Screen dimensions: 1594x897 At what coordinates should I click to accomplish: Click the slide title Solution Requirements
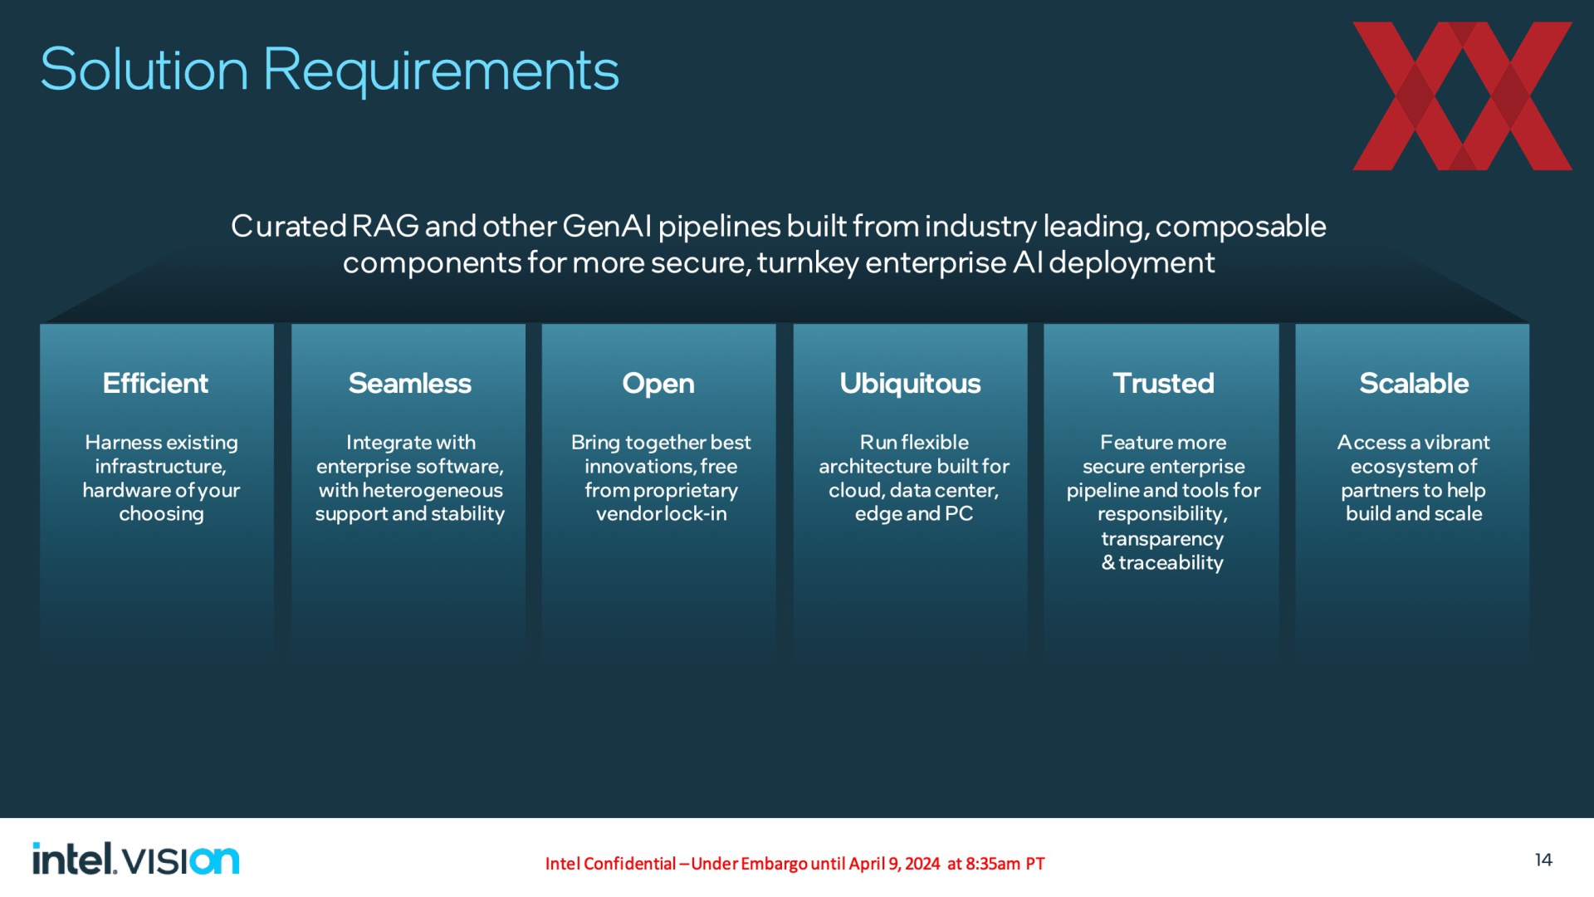coord(330,70)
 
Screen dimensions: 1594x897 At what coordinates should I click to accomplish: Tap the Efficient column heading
coord(155,384)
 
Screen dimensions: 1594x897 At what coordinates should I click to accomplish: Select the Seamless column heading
coord(410,384)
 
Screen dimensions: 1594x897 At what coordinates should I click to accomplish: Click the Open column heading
coord(658,385)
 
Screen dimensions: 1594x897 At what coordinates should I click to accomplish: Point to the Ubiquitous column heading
coord(910,385)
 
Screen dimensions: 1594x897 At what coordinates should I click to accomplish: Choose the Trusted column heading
coord(1163,384)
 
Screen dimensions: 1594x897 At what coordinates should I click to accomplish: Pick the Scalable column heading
coord(1414,384)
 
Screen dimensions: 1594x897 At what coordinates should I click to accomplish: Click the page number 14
coord(1543,860)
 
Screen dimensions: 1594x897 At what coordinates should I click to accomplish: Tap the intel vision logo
coord(136,859)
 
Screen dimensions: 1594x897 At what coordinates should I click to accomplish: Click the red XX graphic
coord(1462,96)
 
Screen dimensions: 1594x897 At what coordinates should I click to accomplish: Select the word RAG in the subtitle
coord(385,226)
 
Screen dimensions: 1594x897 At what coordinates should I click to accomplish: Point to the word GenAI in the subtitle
coord(607,226)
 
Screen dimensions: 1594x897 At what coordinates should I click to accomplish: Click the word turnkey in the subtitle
coord(808,263)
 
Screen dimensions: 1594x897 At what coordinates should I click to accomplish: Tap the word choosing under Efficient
coord(161,514)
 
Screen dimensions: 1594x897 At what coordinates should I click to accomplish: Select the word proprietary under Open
coord(685,491)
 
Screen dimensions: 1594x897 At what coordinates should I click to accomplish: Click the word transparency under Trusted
coord(1162,540)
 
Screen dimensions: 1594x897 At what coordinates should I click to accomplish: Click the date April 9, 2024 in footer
coord(894,864)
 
